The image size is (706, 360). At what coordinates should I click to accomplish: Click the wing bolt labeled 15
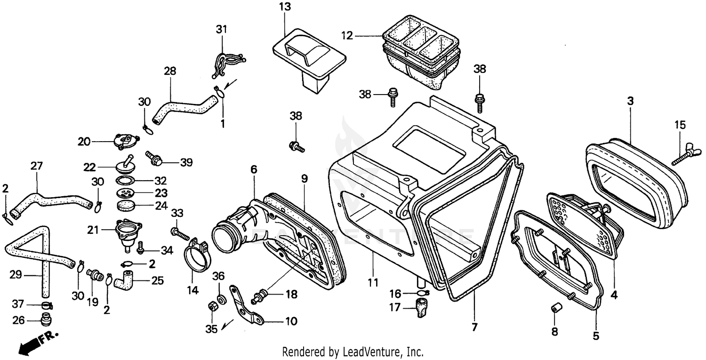[x=688, y=153]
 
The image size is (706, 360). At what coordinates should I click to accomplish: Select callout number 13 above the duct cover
[x=284, y=7]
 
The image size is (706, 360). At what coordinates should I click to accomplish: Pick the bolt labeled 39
[x=154, y=159]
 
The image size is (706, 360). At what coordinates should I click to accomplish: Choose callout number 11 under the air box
[x=373, y=283]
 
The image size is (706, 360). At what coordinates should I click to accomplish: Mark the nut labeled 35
[x=211, y=307]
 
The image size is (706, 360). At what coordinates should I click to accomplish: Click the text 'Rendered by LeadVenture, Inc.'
[x=353, y=352]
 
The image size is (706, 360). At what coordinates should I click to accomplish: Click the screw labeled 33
[x=180, y=232]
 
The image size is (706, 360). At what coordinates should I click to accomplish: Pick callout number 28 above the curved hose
[x=170, y=71]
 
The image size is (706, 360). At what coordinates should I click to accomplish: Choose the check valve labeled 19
[x=96, y=274]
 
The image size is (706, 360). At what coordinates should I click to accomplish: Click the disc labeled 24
[x=125, y=205]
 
